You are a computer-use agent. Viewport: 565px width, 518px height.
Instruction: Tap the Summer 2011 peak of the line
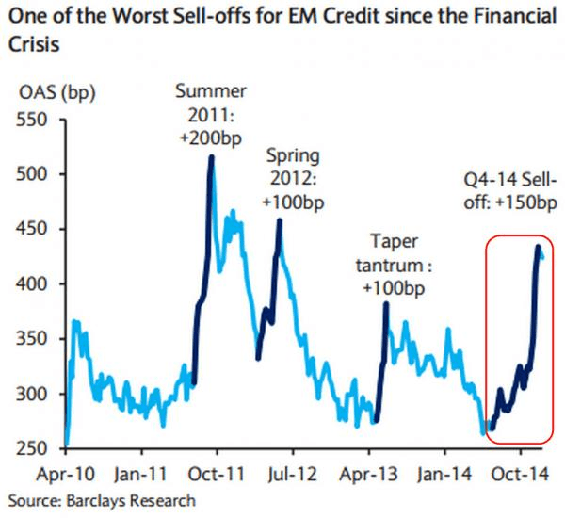(x=211, y=157)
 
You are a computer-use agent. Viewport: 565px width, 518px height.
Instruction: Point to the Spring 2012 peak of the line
(x=280, y=221)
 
